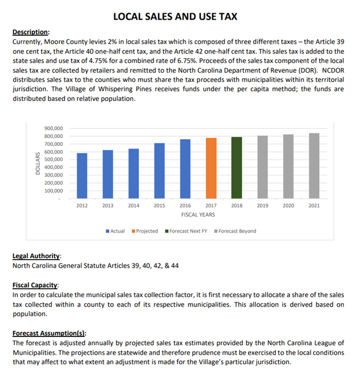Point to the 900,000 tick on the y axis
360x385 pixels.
pos(54,128)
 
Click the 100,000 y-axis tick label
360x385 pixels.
pos(54,190)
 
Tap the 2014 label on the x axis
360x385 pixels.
pos(133,205)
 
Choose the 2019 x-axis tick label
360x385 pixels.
pos(262,205)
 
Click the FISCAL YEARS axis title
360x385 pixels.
pos(198,215)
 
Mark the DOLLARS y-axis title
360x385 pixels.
pos(38,163)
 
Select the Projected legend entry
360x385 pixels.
pos(147,231)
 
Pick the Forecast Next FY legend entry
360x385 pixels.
pos(187,231)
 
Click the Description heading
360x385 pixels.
pos(31,32)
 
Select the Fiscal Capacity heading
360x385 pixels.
pos(35,285)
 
